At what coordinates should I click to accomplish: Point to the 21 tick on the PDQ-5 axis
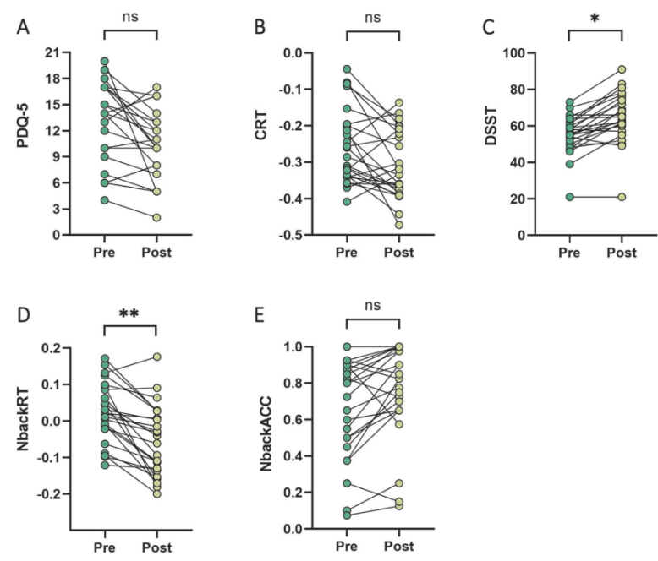[66, 52]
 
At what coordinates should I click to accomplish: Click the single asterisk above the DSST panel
[595, 19]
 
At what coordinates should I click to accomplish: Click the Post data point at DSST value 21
[622, 197]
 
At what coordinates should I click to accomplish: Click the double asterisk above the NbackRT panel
[130, 314]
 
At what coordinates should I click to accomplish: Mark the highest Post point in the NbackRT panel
[156, 357]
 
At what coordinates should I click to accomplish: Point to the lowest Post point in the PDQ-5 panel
[156, 217]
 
